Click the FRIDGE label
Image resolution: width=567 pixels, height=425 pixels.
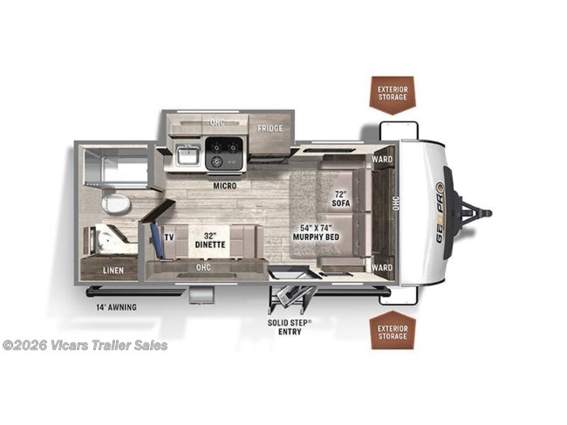pyautogui.click(x=269, y=127)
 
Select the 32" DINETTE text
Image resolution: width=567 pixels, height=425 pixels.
pyautogui.click(x=209, y=240)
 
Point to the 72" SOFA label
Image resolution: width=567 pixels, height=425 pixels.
pyautogui.click(x=341, y=196)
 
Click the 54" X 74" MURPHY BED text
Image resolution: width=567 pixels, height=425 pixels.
pyautogui.click(x=314, y=232)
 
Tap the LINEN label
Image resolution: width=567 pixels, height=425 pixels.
pyautogui.click(x=112, y=271)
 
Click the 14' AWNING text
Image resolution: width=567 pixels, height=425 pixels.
pyautogui.click(x=117, y=306)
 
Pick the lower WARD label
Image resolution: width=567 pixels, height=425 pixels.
pyautogui.click(x=382, y=267)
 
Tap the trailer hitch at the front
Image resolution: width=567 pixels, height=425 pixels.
pyautogui.click(x=478, y=212)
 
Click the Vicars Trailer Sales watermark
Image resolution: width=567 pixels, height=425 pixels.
pyautogui.click(x=85, y=345)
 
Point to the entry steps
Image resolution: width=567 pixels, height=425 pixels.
pyautogui.click(x=291, y=292)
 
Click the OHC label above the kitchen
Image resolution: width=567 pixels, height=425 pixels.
pyautogui.click(x=217, y=121)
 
